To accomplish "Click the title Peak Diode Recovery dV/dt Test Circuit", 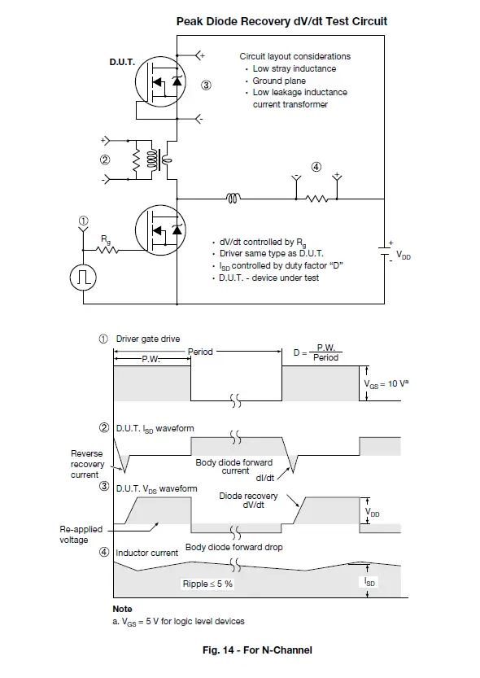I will pos(281,21).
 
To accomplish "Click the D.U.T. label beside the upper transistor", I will pos(122,62).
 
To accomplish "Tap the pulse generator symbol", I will pos(83,277).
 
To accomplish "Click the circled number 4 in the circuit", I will pos(316,168).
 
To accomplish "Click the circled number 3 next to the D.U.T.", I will pos(206,85).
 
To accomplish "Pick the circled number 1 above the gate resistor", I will pos(82,220).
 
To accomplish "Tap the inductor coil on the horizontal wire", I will pos(233,198).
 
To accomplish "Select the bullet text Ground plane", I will pos(279,81).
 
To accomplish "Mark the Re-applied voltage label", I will pos(81,535).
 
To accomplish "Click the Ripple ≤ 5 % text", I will pos(207,584).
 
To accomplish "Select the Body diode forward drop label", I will pos(233,547).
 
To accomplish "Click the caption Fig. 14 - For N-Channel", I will pos(257,650).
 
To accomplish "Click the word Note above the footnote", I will pos(122,609).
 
